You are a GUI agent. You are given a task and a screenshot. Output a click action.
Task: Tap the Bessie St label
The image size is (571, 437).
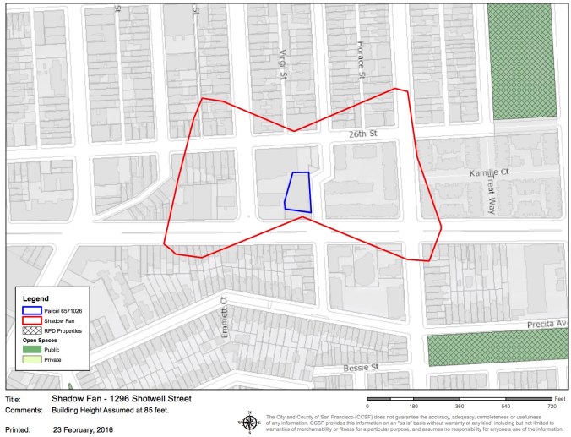point(360,369)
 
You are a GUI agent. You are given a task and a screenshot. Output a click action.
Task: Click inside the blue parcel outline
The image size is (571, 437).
point(297,191)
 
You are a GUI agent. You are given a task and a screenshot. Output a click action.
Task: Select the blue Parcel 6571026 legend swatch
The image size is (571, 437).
point(32,309)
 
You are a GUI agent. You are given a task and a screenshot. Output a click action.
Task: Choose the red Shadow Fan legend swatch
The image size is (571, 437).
point(32,320)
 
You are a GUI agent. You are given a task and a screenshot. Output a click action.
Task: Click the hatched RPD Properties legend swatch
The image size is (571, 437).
point(32,330)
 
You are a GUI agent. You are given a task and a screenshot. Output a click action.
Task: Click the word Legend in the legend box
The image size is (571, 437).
point(36,298)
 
